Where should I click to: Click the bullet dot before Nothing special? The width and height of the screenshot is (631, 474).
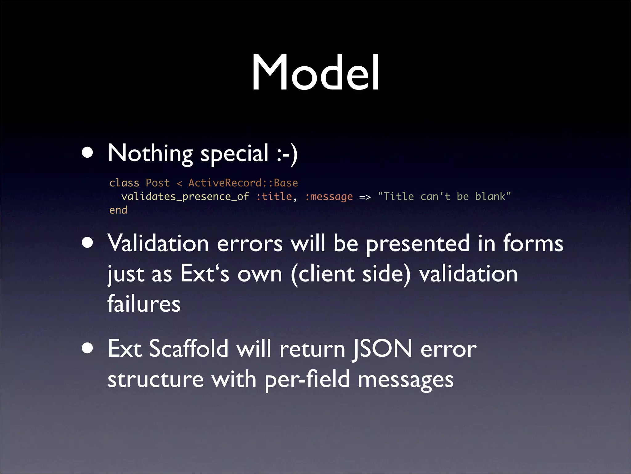point(88,152)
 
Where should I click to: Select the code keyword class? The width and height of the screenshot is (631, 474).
point(124,183)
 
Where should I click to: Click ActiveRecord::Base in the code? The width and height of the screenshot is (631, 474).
point(243,183)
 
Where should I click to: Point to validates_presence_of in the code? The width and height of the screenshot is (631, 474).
point(185,197)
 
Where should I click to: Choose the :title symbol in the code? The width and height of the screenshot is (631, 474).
point(274,197)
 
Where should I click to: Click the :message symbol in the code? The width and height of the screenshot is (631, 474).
point(329,197)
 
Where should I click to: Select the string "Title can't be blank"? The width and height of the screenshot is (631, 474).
point(444,197)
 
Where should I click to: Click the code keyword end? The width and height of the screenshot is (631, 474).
point(118,210)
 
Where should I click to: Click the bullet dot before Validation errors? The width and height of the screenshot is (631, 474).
point(88,243)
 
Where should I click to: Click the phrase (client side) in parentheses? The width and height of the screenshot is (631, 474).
point(351,274)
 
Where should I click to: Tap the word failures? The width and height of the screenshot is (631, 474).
point(144,304)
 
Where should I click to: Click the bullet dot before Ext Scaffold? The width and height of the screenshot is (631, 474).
point(88,348)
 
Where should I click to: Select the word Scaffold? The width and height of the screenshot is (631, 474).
point(189,349)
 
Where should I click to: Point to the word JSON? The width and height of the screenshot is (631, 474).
point(382,349)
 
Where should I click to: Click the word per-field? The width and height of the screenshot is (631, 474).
point(307,380)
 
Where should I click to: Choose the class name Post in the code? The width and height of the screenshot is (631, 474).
point(157,183)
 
